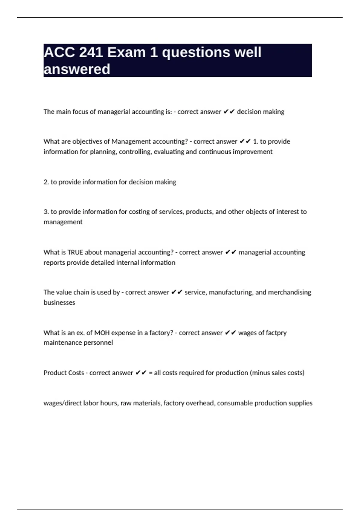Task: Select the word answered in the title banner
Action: pyautogui.click(x=77, y=69)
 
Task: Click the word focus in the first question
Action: pyautogui.click(x=80, y=112)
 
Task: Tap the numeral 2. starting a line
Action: pyautogui.click(x=46, y=182)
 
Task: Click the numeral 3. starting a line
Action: pyautogui.click(x=46, y=212)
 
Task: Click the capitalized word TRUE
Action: pyautogui.click(x=75, y=252)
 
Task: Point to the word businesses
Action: pyautogui.click(x=59, y=302)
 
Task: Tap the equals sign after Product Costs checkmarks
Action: pyautogui.click(x=151, y=373)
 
